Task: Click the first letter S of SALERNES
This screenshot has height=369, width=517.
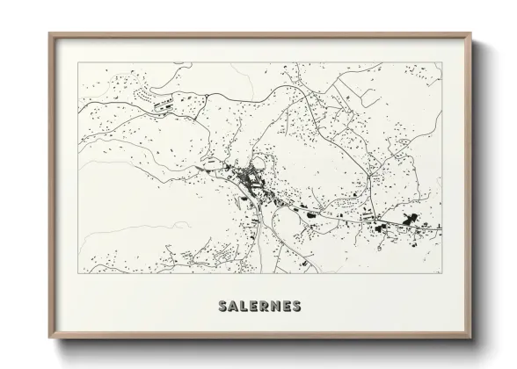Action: (x=221, y=307)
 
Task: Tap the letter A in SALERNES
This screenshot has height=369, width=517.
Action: (x=232, y=307)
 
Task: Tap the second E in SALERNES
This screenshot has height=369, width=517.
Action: (x=287, y=307)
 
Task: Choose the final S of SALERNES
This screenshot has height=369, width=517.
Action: (x=297, y=307)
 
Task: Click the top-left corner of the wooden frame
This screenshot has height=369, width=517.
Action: (x=49, y=33)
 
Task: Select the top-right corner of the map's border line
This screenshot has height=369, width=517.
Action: (x=441, y=62)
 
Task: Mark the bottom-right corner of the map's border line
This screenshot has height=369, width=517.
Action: (x=441, y=274)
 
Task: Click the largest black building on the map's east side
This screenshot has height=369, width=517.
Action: (x=409, y=220)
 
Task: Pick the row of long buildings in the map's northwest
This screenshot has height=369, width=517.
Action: (x=165, y=105)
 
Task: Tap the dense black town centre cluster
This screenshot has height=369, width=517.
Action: (x=247, y=181)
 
